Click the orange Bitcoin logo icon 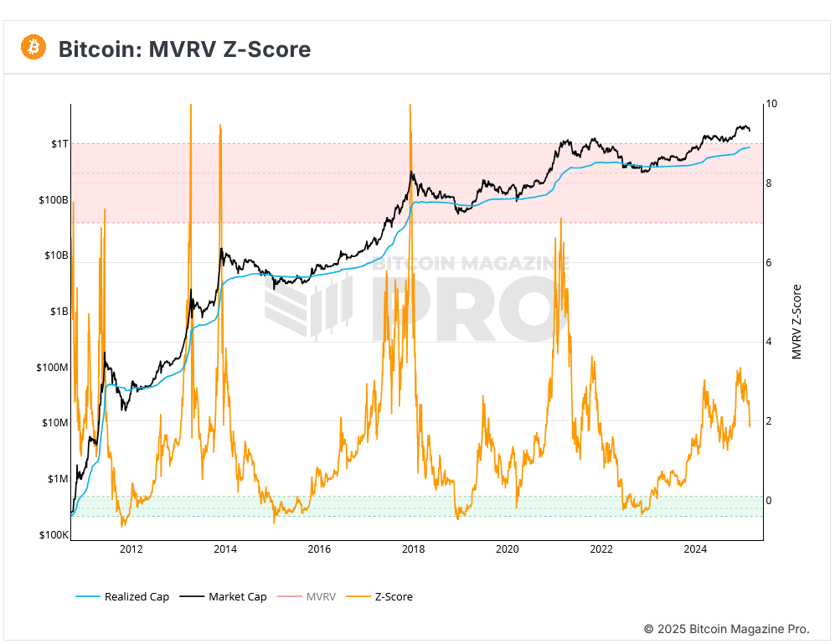click(34, 48)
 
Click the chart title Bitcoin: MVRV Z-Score click(184, 49)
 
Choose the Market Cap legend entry click(237, 596)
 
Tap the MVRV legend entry click(320, 596)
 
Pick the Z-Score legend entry click(393, 596)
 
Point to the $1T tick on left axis click(57, 144)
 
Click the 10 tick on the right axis click(771, 104)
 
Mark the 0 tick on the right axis click(769, 501)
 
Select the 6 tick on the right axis click(769, 263)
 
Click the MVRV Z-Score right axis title click(796, 322)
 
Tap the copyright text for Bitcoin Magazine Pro click(726, 628)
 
